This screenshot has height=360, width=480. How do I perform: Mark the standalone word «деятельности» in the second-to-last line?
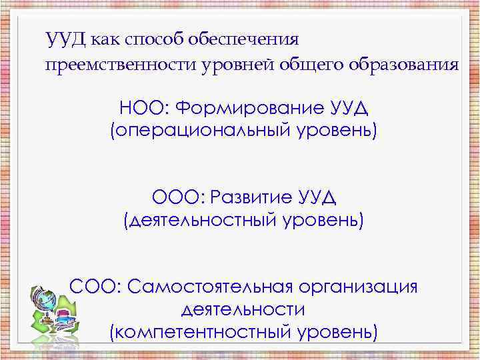pyautogui.click(x=243, y=309)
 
